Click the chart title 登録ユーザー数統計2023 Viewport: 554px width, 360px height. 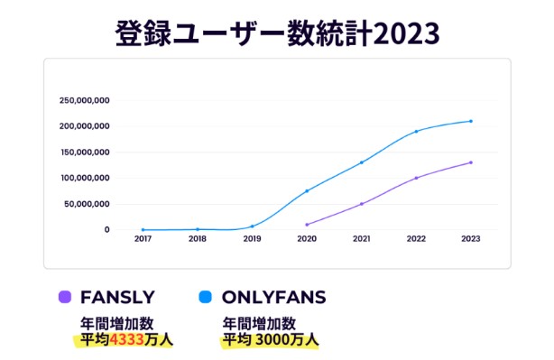pos(277,32)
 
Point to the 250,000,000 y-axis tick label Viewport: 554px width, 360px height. pos(84,100)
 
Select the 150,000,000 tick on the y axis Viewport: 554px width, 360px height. pos(84,152)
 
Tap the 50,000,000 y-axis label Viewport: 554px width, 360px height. pos(88,204)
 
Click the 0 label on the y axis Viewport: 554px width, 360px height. pos(106,229)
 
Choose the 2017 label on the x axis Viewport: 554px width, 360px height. pos(143,240)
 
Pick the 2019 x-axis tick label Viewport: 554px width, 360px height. pos(252,240)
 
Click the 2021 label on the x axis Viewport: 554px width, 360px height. pos(361,240)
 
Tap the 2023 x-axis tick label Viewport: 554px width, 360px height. pos(470,240)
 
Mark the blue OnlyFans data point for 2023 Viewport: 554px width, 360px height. pos(471,121)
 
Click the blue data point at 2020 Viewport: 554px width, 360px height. pos(307,190)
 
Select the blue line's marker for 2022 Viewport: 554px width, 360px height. pos(416,132)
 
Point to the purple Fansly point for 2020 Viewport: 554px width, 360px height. pos(307,225)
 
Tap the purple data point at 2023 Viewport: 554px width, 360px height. pos(471,162)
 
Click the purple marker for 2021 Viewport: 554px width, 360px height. pos(362,204)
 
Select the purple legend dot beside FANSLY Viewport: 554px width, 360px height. pos(64,296)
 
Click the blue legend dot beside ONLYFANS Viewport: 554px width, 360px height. pos(205,296)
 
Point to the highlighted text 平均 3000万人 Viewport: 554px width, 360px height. pos(269,340)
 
